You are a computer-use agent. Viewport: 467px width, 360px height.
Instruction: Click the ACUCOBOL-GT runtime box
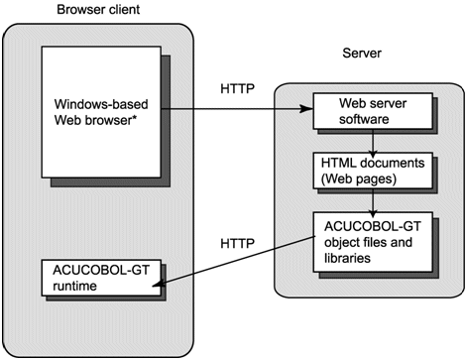92,278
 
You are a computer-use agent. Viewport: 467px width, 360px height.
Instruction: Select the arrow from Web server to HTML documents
369,139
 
